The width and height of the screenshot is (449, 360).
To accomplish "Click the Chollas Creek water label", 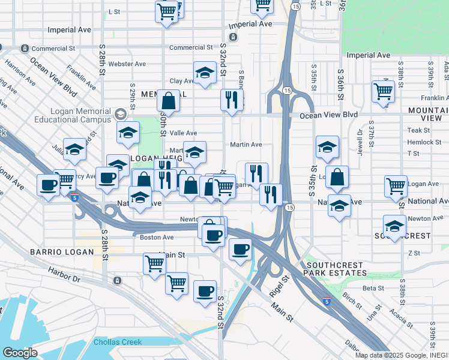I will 118,342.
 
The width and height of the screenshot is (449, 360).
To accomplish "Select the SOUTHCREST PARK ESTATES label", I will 336,269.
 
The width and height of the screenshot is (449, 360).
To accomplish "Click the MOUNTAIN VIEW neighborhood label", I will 427,115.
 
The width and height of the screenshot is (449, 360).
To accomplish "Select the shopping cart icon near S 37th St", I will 382,91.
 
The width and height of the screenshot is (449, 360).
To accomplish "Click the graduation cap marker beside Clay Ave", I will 205,73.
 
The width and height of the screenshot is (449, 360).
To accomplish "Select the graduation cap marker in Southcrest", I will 394,226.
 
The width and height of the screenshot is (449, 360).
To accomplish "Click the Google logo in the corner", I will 19,353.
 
